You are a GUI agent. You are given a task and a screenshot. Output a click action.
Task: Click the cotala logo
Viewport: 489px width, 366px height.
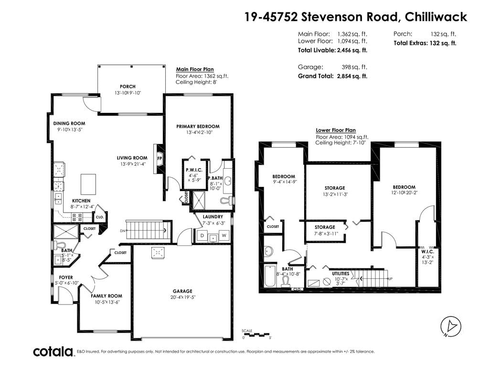click(x=53, y=352)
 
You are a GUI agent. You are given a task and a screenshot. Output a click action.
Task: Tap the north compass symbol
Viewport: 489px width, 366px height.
click(x=451, y=327)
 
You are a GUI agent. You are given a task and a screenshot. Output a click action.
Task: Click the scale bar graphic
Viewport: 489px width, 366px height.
click(x=256, y=335)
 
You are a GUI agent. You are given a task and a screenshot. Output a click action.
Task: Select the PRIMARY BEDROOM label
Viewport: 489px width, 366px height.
click(x=198, y=126)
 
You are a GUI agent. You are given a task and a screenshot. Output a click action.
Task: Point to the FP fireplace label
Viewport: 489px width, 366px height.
click(x=159, y=158)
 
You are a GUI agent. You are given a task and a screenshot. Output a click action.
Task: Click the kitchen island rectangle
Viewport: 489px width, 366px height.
click(x=88, y=184)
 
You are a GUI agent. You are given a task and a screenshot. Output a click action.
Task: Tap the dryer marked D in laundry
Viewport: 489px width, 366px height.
click(x=202, y=235)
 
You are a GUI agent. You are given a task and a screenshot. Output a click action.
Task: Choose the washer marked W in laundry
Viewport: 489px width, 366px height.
click(x=224, y=235)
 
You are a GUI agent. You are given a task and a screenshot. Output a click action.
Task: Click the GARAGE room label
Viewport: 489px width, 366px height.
click(x=182, y=291)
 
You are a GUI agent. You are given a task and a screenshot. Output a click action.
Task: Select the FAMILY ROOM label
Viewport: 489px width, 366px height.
click(x=106, y=296)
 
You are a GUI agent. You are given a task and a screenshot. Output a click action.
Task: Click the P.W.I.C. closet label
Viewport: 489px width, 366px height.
click(x=194, y=170)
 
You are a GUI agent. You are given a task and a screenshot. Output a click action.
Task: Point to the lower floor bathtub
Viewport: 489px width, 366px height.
click(x=270, y=276)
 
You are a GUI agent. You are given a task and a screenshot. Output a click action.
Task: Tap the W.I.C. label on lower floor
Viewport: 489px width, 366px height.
click(x=427, y=252)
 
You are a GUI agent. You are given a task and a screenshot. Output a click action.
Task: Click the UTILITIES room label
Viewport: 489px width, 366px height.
click(x=340, y=274)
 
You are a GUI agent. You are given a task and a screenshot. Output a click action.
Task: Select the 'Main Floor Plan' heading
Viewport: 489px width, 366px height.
click(x=195, y=70)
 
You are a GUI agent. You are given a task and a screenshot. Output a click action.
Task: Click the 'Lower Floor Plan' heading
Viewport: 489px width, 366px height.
click(x=336, y=131)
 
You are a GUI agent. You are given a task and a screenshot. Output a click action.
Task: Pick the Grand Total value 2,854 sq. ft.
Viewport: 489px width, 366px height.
click(x=352, y=76)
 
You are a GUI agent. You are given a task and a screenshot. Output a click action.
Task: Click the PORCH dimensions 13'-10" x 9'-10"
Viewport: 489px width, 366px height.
click(x=128, y=93)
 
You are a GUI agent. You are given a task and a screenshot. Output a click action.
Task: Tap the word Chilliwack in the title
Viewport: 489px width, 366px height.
click(x=436, y=17)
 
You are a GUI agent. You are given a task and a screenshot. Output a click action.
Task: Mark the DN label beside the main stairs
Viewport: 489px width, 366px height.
click(x=123, y=231)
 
